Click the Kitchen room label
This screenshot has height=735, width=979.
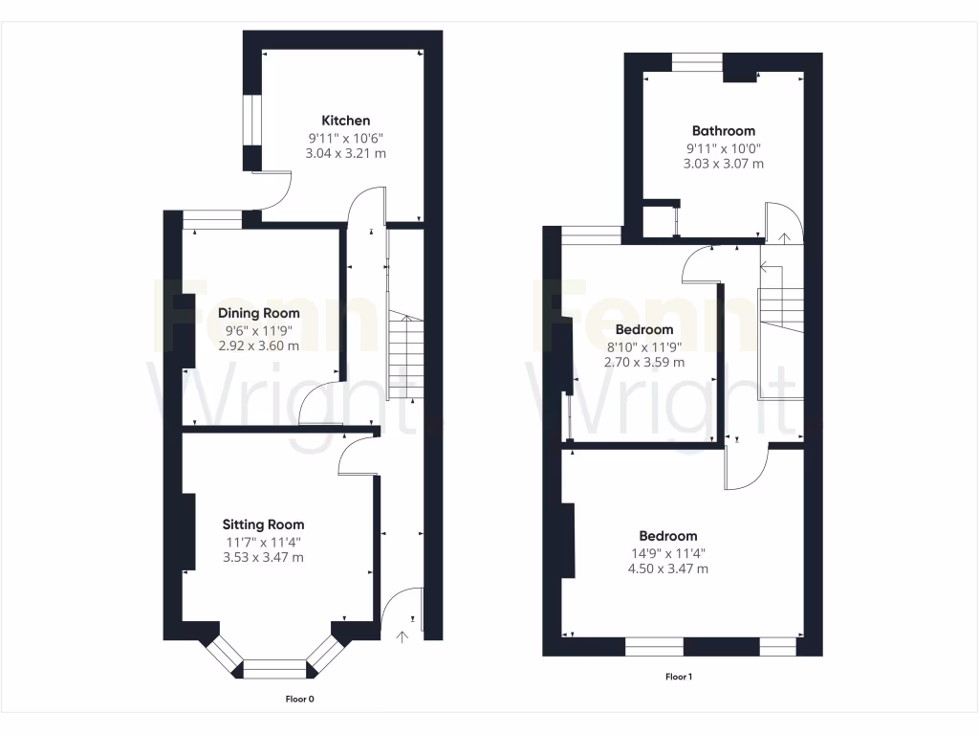(345, 121)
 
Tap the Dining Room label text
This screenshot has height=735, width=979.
(258, 313)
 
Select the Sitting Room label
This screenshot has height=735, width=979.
(263, 524)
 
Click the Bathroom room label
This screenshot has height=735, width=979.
(723, 131)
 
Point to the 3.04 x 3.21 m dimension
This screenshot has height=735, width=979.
(345, 153)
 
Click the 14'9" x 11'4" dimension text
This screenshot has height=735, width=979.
(667, 553)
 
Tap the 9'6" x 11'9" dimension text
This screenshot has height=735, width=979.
(258, 330)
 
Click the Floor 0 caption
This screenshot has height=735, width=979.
(300, 699)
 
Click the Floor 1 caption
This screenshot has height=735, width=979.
(678, 677)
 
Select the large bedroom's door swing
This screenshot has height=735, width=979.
(747, 467)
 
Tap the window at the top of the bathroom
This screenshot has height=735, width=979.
(696, 62)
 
